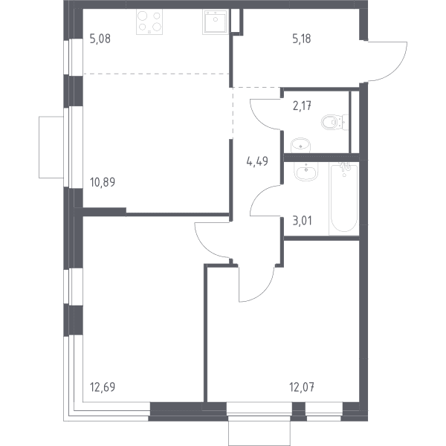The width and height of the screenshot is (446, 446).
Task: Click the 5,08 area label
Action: point(100,39)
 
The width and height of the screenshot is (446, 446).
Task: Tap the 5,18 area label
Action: point(302,39)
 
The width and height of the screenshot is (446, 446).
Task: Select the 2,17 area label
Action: point(302,106)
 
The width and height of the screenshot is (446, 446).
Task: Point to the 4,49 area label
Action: point(257,161)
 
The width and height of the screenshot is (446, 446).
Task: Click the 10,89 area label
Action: point(103,182)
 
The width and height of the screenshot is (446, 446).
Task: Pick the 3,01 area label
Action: point(302,221)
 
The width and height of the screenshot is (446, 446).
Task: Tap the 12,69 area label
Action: point(103,387)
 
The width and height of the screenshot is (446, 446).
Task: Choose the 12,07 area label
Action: point(302,387)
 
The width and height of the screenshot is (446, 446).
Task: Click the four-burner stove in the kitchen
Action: point(149,22)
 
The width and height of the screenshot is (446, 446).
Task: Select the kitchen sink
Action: point(216,22)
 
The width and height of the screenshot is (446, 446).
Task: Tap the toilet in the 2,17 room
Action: point(335,123)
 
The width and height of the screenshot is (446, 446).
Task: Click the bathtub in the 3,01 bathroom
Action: point(344,198)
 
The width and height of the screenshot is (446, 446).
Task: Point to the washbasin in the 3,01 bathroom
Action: point(306,172)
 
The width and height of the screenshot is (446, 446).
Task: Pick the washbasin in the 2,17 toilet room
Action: point(301,146)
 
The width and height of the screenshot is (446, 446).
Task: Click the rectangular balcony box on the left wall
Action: point(51,147)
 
